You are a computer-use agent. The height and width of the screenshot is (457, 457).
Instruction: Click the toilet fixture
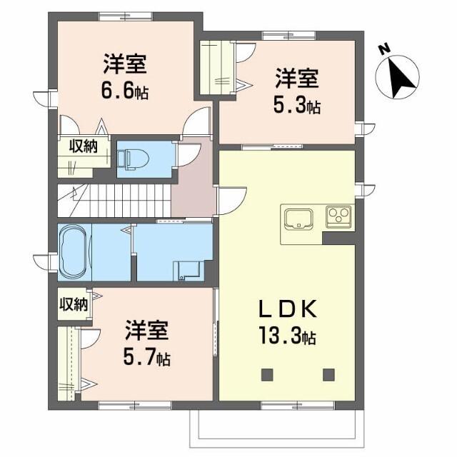133,159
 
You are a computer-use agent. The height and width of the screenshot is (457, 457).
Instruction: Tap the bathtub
74,252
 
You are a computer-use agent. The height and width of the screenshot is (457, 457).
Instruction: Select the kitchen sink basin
299,219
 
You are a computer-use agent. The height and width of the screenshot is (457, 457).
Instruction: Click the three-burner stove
338,217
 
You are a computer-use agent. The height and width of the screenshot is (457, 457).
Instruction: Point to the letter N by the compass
385,49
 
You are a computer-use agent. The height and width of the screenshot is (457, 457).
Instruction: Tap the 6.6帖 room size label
125,90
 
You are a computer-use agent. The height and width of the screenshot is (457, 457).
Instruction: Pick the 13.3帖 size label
287,336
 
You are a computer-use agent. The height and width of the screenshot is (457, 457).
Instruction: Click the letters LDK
288,309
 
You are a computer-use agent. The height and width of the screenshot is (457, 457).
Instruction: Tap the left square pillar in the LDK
267,375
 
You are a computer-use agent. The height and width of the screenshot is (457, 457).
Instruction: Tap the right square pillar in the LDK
328,375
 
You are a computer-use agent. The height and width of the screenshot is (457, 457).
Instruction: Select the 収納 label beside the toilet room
84,146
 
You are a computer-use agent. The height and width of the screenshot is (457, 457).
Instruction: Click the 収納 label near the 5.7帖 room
74,305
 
